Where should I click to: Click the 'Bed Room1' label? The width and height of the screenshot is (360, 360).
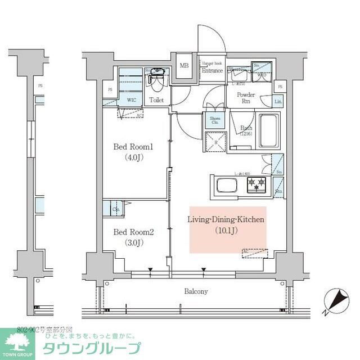coord(133,147)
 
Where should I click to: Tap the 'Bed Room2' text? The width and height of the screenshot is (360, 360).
coord(133,232)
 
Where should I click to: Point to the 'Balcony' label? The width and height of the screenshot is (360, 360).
coord(196,291)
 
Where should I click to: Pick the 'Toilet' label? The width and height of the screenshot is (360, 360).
coord(157,100)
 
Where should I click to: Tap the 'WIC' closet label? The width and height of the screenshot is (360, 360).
coord(131,100)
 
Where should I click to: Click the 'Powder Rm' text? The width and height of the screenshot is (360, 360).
coord(246,98)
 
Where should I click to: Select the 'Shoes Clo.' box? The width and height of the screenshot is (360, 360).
coord(215,120)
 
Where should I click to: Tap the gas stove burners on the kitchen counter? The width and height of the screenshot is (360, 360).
coord(258,183)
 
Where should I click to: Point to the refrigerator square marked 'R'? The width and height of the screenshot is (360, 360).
coord(214,141)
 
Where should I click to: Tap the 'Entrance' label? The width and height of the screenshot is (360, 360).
coord(213,71)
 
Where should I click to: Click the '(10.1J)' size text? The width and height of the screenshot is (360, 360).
coord(226,230)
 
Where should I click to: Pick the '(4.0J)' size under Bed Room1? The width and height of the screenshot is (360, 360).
coord(133,158)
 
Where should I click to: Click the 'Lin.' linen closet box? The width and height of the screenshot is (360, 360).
coord(278,101)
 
